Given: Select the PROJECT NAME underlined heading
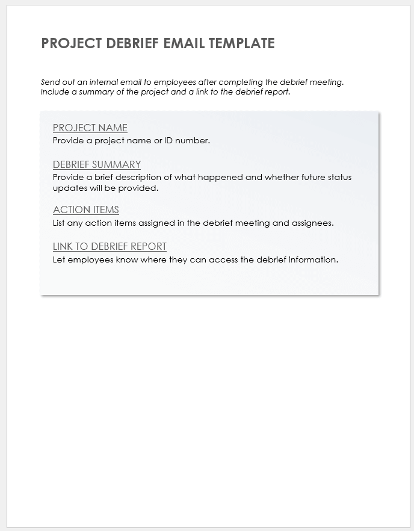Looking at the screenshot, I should (90, 128).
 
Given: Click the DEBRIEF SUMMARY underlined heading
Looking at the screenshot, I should (97, 164).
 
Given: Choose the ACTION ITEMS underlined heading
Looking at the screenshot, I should (86, 210).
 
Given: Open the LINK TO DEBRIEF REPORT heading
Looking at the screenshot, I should (110, 246).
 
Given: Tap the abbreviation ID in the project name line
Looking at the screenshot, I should (168, 141).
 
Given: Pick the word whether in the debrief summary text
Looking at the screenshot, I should (282, 178).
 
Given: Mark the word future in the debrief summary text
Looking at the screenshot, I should (317, 178).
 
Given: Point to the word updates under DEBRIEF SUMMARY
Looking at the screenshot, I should (70, 188).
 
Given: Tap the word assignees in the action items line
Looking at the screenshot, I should (312, 223).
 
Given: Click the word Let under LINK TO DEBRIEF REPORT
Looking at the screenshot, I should (59, 259).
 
